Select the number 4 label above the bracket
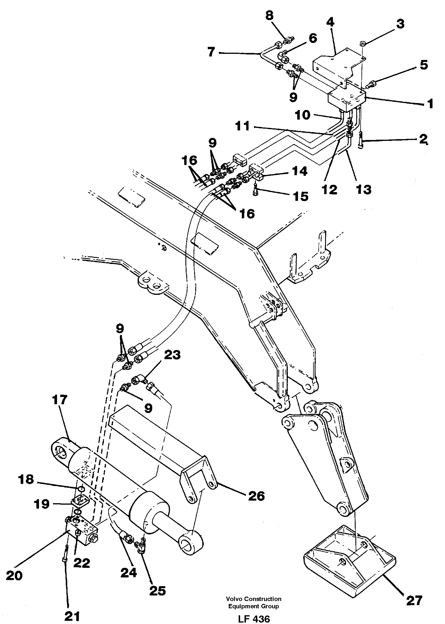tap(330, 23)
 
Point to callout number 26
tap(256, 496)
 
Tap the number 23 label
tap(172, 356)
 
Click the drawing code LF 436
tap(253, 617)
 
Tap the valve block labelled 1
tap(346, 101)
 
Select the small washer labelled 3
tap(362, 44)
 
